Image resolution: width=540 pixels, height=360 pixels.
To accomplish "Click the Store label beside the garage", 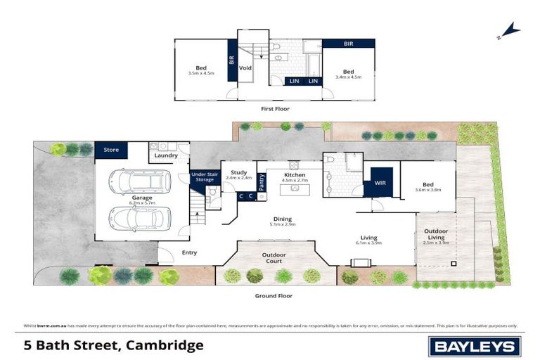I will (x=111, y=150).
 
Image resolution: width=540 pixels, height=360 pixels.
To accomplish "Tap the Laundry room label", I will (x=166, y=156).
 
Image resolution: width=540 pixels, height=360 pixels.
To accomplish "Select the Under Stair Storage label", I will (x=205, y=176).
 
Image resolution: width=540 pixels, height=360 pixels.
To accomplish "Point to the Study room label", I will (x=238, y=174).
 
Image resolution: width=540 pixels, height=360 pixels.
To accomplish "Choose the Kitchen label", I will (x=295, y=176).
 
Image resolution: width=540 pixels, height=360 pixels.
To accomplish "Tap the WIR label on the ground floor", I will (x=380, y=182).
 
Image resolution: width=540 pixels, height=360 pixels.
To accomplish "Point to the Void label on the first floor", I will (x=245, y=68).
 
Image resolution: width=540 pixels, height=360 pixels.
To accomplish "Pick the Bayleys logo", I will (x=475, y=346).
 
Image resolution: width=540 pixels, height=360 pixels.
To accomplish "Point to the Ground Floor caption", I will (x=274, y=296).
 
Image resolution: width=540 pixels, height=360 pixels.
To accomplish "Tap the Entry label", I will (x=189, y=252).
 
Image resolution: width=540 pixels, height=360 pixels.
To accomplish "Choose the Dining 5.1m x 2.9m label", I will (x=282, y=222).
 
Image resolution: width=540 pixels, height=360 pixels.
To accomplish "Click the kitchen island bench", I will (x=296, y=188).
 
